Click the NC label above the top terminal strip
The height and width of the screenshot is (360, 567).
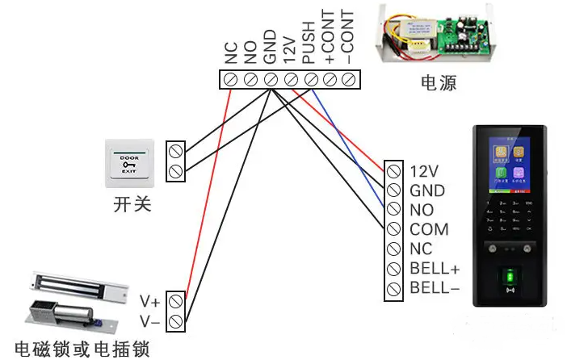[x=231, y=54]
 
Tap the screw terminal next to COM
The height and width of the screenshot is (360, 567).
[x=394, y=230]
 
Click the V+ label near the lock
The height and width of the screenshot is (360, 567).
[x=150, y=302]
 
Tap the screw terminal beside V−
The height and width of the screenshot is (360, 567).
[x=177, y=321]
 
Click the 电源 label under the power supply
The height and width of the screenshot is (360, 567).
[x=439, y=83]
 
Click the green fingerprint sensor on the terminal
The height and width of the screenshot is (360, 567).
[x=510, y=278]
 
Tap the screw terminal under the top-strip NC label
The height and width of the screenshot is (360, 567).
[x=231, y=79]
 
